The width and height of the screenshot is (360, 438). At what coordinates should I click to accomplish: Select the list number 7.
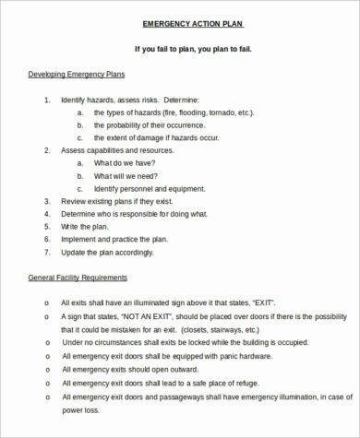tap(47, 251)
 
